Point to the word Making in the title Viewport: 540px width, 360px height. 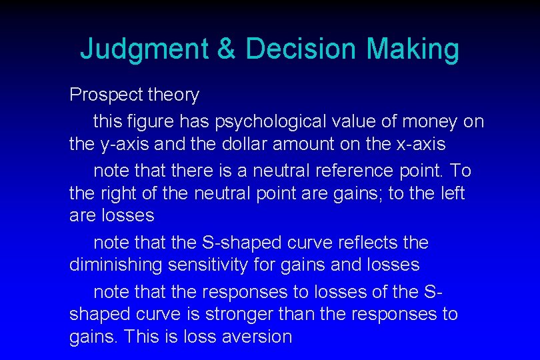[413, 49]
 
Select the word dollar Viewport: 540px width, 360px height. [256, 143]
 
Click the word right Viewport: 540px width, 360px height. [121, 193]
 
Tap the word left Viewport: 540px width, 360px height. [449, 193]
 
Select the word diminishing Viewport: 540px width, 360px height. [116, 265]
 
